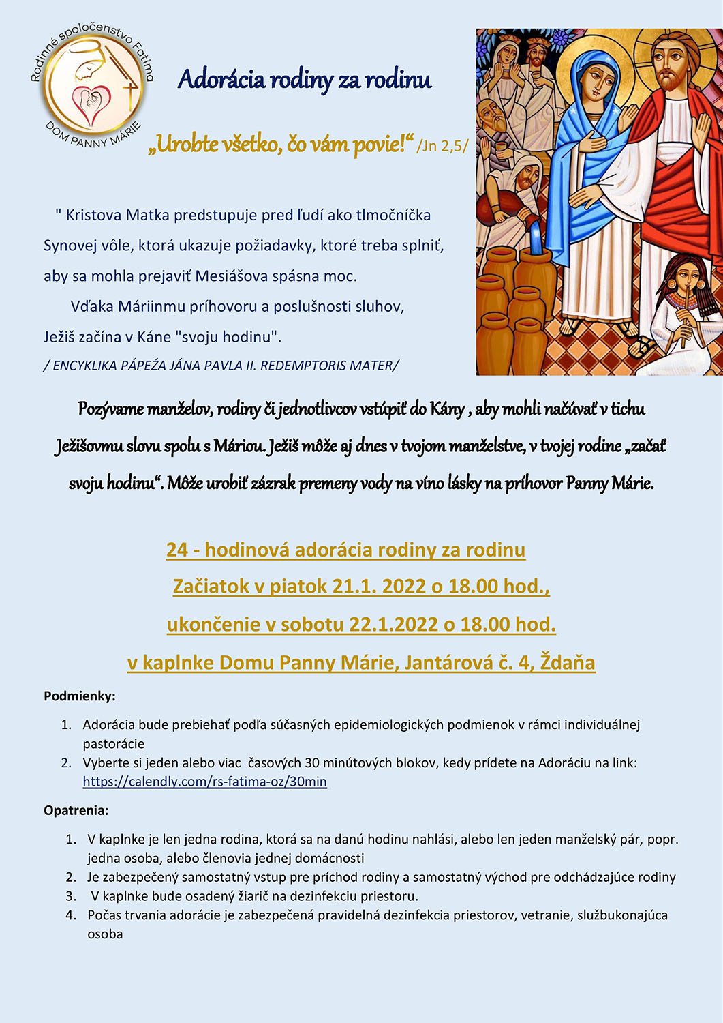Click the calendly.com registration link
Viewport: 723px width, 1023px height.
pyautogui.click(x=204, y=782)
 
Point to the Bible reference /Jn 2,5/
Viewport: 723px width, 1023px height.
pyautogui.click(x=442, y=145)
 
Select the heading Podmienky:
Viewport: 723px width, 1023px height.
pyautogui.click(x=80, y=696)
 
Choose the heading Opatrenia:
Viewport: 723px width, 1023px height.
pyautogui.click(x=76, y=810)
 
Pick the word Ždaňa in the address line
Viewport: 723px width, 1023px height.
pyautogui.click(x=567, y=662)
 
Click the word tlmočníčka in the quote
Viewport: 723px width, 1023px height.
pyautogui.click(x=393, y=216)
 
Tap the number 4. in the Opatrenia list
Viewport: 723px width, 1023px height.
pyautogui.click(x=71, y=915)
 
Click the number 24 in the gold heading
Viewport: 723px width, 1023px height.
pyautogui.click(x=176, y=550)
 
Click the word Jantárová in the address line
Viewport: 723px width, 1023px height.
pyautogui.click(x=447, y=662)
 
